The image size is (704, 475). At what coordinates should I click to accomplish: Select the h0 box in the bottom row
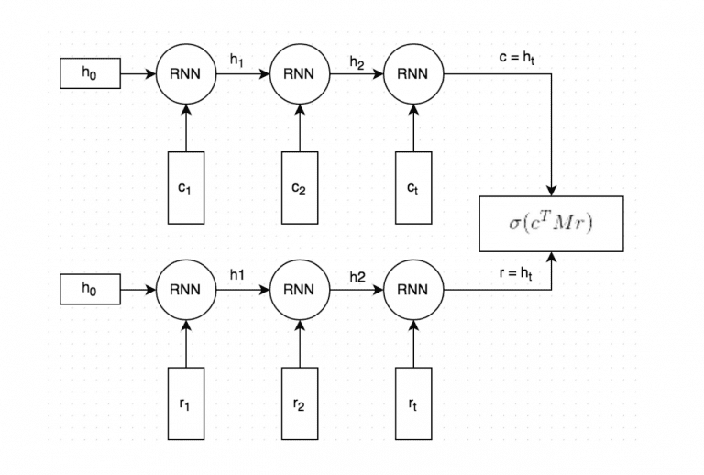click(90, 291)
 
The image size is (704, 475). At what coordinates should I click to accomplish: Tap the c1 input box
click(186, 187)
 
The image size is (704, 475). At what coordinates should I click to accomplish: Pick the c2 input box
click(299, 187)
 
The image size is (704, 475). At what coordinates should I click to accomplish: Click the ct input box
click(412, 187)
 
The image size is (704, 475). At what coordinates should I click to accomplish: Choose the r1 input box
click(186, 403)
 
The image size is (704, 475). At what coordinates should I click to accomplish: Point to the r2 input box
click(299, 403)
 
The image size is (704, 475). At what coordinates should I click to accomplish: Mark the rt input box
click(412, 403)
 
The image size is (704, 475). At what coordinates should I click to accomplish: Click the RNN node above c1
click(186, 74)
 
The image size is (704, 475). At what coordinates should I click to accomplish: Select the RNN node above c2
click(299, 74)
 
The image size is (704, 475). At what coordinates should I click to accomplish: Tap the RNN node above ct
click(412, 74)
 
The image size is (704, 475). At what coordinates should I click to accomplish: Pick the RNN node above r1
click(186, 290)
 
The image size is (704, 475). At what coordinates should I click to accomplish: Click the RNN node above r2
click(299, 290)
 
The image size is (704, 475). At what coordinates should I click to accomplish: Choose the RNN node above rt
click(412, 290)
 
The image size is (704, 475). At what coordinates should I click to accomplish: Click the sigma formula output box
click(551, 224)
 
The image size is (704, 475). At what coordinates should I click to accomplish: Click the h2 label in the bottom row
click(356, 276)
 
